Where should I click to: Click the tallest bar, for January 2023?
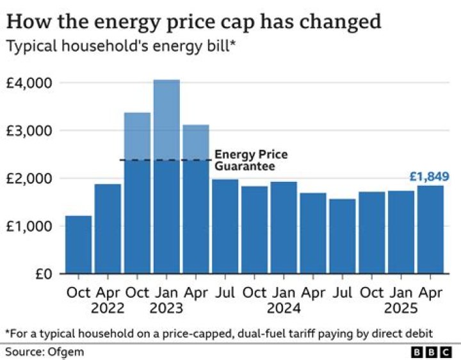coord(166,179)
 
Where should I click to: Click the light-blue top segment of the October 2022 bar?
coord(137,136)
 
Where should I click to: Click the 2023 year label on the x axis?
coord(166,308)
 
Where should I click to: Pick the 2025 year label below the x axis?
coord(401,308)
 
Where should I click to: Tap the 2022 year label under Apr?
coord(108,308)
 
